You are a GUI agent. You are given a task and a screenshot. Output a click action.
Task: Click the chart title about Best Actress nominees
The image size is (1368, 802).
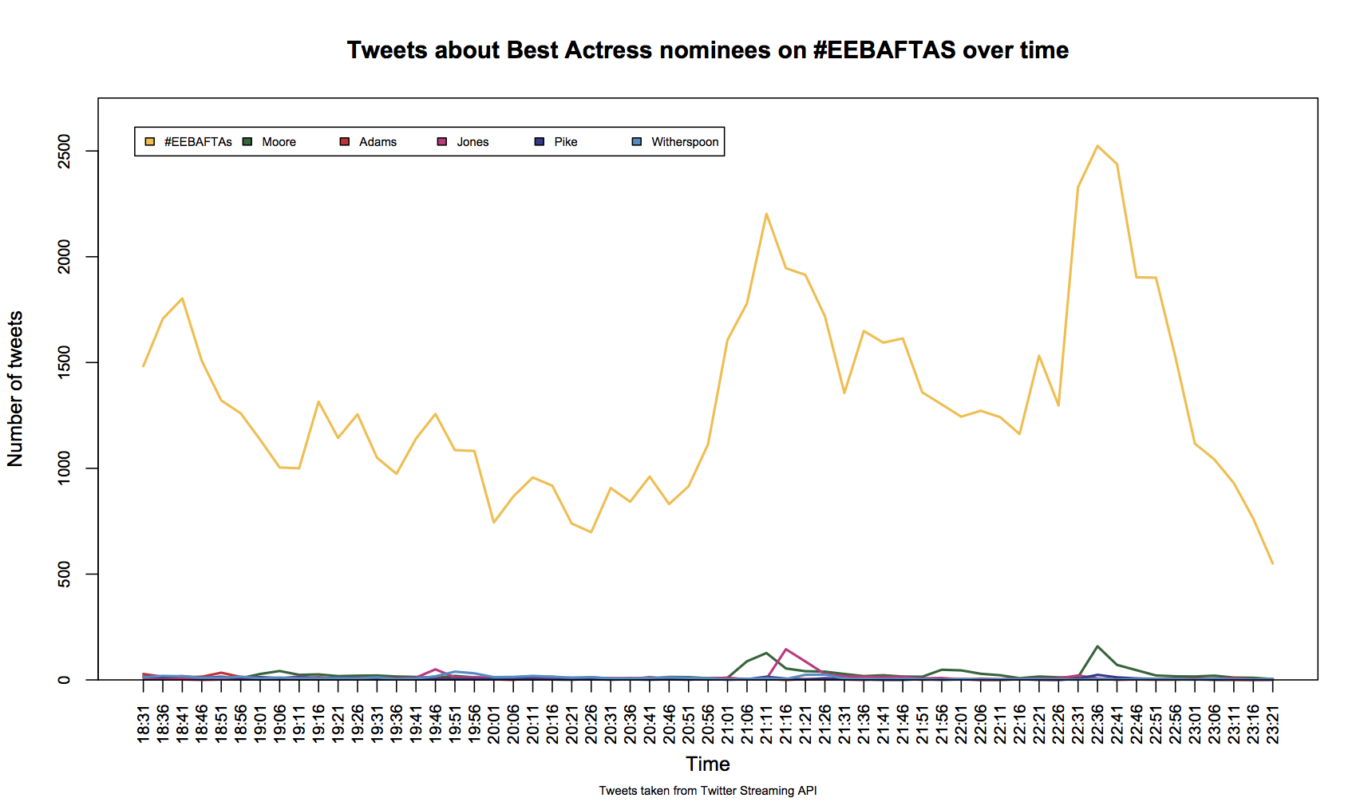coord(707,50)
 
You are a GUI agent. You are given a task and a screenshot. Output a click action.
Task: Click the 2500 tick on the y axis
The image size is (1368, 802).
coord(64,151)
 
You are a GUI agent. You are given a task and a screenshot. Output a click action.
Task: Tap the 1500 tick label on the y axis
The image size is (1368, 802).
coord(64,362)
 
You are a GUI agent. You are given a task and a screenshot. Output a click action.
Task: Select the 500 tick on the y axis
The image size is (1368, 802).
coord(64,574)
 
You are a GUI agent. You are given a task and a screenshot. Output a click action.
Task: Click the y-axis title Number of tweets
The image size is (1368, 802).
coord(15,389)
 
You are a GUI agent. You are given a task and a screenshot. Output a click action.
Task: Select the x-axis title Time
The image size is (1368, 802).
coord(708,764)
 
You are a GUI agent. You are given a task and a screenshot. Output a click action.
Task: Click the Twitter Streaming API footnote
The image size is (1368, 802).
coord(708,791)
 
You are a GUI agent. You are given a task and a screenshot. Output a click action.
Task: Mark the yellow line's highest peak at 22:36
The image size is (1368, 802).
coord(1098,145)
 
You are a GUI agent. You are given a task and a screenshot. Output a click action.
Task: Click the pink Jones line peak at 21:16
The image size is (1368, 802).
coord(786,649)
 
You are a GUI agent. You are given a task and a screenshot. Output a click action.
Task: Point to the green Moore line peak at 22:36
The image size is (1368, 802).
coord(1098,646)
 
